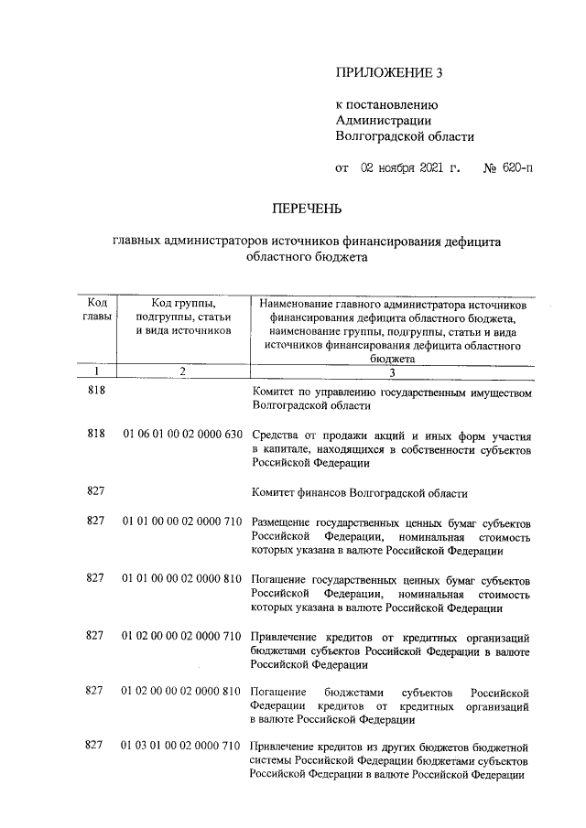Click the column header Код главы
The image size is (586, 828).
click(96, 309)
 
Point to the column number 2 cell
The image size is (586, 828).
click(182, 371)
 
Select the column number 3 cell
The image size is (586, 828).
click(391, 371)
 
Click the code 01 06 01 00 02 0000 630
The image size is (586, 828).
click(182, 435)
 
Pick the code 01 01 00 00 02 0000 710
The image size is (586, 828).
click(182, 521)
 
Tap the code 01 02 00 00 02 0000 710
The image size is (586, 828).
click(182, 636)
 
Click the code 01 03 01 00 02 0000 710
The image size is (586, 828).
click(182, 746)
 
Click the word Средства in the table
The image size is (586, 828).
click(275, 435)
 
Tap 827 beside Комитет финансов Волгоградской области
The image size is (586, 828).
click(96, 492)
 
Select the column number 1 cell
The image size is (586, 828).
click(96, 371)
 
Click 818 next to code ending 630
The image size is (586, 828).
click(96, 435)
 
